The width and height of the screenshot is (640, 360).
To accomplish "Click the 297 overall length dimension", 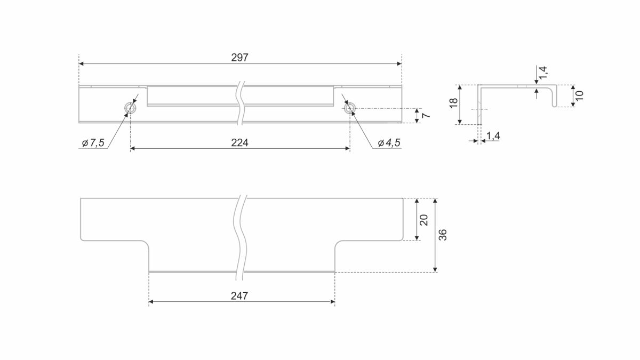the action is [x=239, y=58].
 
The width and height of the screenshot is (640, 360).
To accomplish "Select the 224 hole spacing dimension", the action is [x=239, y=142].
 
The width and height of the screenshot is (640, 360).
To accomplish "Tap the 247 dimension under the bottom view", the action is [x=239, y=295].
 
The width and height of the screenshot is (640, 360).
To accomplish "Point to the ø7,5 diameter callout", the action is [x=93, y=142].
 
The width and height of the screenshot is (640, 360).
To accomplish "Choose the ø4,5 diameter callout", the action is [x=389, y=142].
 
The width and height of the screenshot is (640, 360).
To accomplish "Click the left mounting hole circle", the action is [x=130, y=108].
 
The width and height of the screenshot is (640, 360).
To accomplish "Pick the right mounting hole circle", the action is [x=350, y=108].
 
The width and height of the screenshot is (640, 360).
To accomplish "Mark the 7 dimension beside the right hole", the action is [x=426, y=115].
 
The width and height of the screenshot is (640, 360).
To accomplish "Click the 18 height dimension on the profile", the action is [x=453, y=103].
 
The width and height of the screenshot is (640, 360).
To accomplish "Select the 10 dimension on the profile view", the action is [x=579, y=95].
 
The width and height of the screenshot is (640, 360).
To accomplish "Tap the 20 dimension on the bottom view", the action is [x=424, y=220].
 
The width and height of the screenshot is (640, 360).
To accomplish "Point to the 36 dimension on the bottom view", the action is [x=443, y=235].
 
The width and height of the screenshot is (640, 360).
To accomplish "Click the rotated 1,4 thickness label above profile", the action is [x=543, y=73].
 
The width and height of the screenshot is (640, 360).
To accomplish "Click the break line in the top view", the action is [x=241, y=103].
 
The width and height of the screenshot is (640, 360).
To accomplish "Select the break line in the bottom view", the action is [x=240, y=237].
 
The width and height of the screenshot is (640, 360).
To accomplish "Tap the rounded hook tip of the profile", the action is [x=555, y=106].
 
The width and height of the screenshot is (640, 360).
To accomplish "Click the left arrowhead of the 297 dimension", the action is [x=81, y=63].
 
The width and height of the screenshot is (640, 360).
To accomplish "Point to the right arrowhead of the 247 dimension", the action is [x=332, y=302].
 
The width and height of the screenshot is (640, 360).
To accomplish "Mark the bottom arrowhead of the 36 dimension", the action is [x=435, y=270].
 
